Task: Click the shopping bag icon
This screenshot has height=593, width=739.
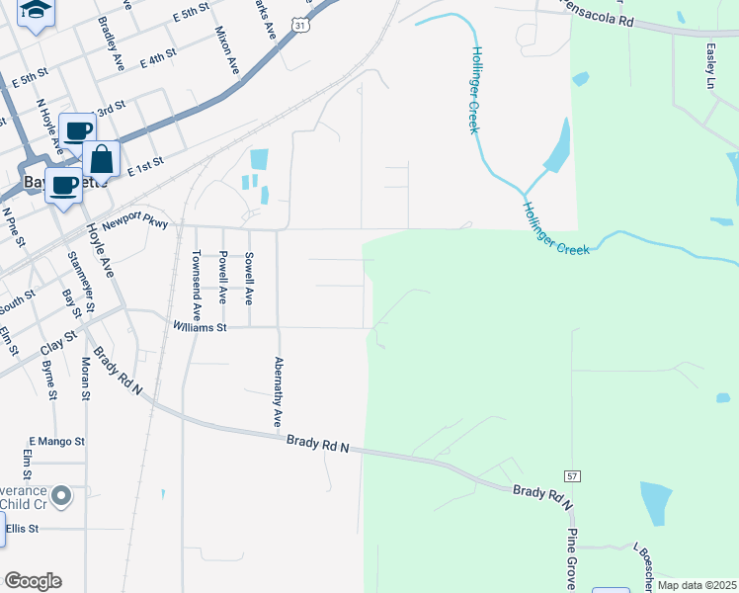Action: tap(101, 159)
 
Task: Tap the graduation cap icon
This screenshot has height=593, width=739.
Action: tap(37, 11)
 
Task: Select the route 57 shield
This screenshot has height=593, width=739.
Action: tap(574, 475)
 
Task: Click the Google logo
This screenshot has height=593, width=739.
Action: tap(33, 581)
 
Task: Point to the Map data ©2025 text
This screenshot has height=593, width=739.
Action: tap(697, 585)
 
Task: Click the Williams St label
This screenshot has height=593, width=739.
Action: tap(201, 326)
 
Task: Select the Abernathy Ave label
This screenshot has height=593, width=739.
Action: tap(278, 392)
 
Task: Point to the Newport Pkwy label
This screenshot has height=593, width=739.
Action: tap(135, 221)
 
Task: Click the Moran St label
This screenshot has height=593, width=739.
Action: tap(86, 380)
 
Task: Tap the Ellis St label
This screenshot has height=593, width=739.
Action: tap(22, 529)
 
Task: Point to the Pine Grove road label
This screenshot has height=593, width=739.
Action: tap(571, 557)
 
